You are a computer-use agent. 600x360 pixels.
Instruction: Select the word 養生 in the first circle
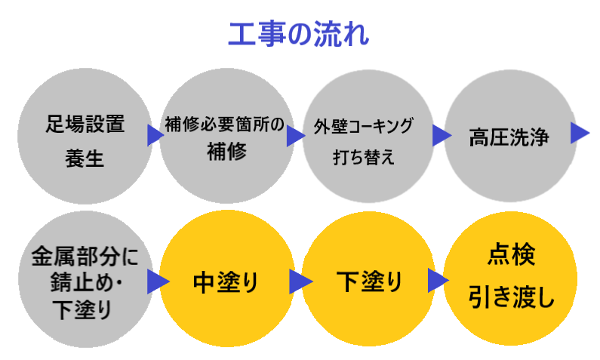point(84,159)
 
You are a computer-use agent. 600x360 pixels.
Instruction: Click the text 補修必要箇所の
point(225,124)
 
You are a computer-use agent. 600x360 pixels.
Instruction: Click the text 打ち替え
point(364,159)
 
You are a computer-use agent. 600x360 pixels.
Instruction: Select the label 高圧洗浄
point(508,138)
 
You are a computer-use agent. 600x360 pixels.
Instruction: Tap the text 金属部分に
point(85,256)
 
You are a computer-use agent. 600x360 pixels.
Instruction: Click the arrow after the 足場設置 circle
point(155,136)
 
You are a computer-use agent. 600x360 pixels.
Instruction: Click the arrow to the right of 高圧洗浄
point(580,133)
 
